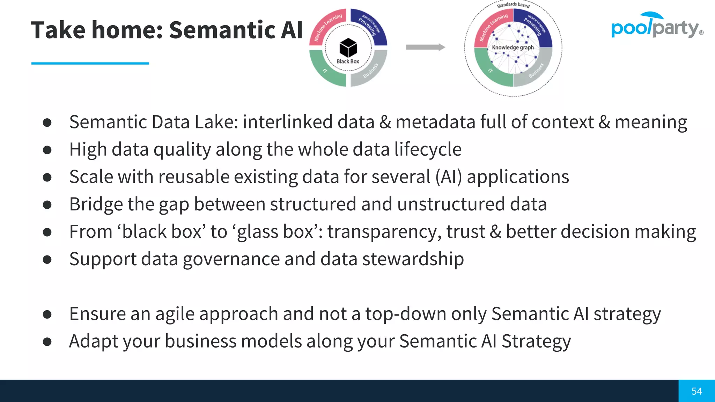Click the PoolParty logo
click(656, 26)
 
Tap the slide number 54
click(696, 391)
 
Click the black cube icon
click(348, 48)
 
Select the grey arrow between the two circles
click(425, 47)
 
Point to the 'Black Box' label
click(348, 61)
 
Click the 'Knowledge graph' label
click(513, 47)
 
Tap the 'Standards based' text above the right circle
click(513, 5)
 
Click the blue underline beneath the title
click(90, 63)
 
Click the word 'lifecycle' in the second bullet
click(428, 149)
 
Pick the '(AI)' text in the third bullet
click(449, 177)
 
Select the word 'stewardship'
click(413, 259)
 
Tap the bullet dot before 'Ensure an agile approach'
click(47, 314)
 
